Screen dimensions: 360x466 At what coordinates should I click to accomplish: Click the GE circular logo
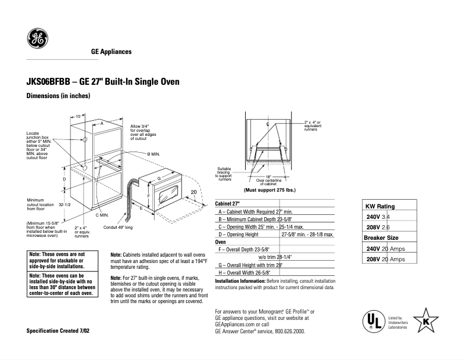(38, 39)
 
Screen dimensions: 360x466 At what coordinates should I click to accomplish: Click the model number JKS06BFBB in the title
(49, 82)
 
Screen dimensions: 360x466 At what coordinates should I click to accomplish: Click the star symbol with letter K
(426, 320)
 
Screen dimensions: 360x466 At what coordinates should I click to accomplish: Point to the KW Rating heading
(379, 207)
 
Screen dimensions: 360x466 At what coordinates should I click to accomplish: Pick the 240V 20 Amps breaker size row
(386, 249)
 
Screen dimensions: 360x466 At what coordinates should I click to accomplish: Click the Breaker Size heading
(381, 237)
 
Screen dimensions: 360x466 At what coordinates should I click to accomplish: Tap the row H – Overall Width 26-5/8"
(249, 272)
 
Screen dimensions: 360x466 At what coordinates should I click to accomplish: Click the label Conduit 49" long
(118, 227)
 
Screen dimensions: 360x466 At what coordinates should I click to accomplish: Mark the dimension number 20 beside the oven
(194, 192)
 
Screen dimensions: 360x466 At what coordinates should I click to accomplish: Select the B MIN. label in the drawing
(153, 153)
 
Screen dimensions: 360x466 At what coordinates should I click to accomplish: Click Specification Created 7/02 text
(58, 330)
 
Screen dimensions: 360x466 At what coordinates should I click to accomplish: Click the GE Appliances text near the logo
(111, 52)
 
